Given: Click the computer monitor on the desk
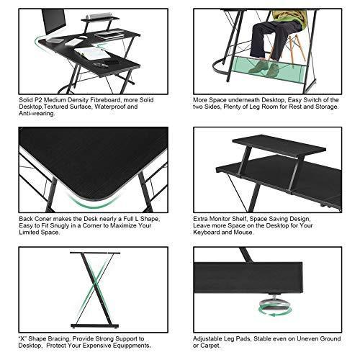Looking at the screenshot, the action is pyautogui.click(x=53, y=22).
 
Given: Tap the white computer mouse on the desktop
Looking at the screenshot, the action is pyautogui.click(x=83, y=37).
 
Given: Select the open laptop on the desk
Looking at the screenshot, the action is pyautogui.click(x=109, y=35).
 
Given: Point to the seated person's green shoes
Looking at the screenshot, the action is pyautogui.click(x=264, y=68).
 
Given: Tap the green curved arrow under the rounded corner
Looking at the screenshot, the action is pyautogui.click(x=93, y=202).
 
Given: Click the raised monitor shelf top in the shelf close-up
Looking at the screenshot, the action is pyautogui.click(x=279, y=145).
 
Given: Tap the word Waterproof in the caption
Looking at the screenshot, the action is pyautogui.click(x=109, y=107).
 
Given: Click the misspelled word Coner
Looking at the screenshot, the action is pyautogui.click(x=43, y=219).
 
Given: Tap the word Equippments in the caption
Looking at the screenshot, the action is pyautogui.click(x=131, y=346).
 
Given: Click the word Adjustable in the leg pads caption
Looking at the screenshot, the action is pyautogui.click(x=207, y=339).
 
